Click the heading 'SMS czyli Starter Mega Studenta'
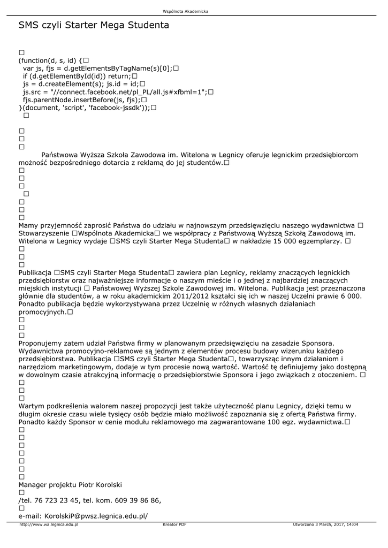pos(94,25)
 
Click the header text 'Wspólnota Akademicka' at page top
pos(186,11)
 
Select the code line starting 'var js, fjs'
pos(100,68)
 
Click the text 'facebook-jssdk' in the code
pos(116,108)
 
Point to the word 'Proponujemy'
pos(41,343)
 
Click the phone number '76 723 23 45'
pos(57,500)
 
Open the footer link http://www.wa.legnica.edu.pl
pos(49,524)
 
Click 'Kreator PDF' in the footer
pos(174,524)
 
